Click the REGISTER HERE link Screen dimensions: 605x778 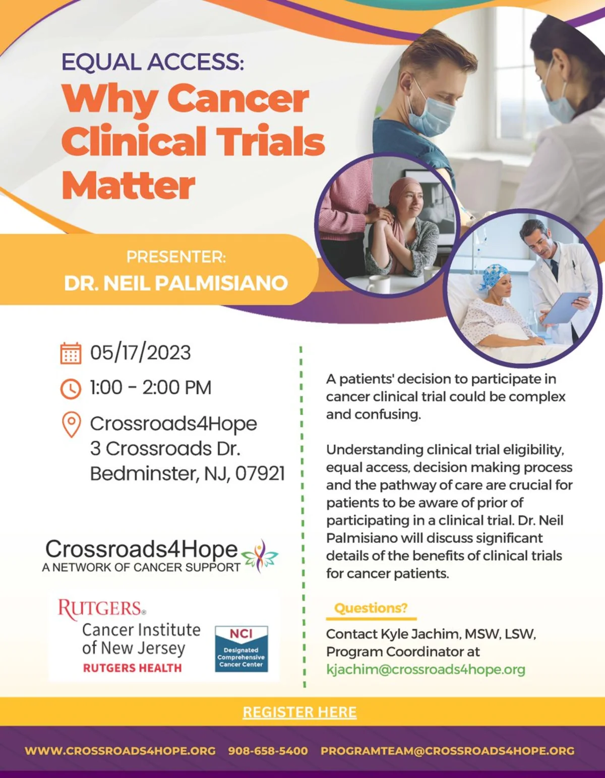tap(299, 712)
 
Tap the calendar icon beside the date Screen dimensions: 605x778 tap(71, 353)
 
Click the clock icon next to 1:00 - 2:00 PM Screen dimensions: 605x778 tap(71, 388)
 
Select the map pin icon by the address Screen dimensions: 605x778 tap(71, 425)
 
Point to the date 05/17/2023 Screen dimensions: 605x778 tap(140, 352)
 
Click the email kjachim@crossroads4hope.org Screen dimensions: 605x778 tap(426, 669)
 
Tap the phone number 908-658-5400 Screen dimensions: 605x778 tap(268, 751)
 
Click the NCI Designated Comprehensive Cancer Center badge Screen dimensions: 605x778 tap(241, 649)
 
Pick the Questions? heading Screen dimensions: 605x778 tap(371, 608)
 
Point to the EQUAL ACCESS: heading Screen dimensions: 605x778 tap(153, 62)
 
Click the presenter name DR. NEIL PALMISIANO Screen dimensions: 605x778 tap(176, 283)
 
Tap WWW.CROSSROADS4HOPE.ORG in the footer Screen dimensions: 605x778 tap(120, 751)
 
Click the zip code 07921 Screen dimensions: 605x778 tap(260, 473)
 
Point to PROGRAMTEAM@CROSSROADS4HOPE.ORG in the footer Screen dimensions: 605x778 tap(448, 751)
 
